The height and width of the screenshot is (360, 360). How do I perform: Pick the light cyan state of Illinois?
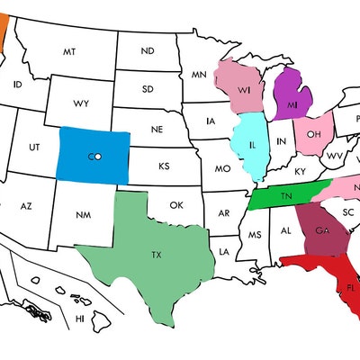[251, 145]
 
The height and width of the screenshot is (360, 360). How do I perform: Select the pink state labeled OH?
[313, 135]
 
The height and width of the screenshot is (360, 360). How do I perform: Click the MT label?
[68, 52]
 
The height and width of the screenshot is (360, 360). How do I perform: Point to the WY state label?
[81, 103]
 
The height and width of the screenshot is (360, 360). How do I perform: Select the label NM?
[83, 215]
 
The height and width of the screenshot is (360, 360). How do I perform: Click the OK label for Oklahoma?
[176, 205]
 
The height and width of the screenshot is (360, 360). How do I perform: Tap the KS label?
[165, 166]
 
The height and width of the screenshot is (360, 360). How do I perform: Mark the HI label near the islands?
[80, 318]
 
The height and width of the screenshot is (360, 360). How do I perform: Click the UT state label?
[35, 146]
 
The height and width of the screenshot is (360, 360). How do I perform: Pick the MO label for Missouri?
[221, 168]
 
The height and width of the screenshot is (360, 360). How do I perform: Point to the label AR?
[222, 214]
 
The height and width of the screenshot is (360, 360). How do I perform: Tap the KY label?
[300, 171]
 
